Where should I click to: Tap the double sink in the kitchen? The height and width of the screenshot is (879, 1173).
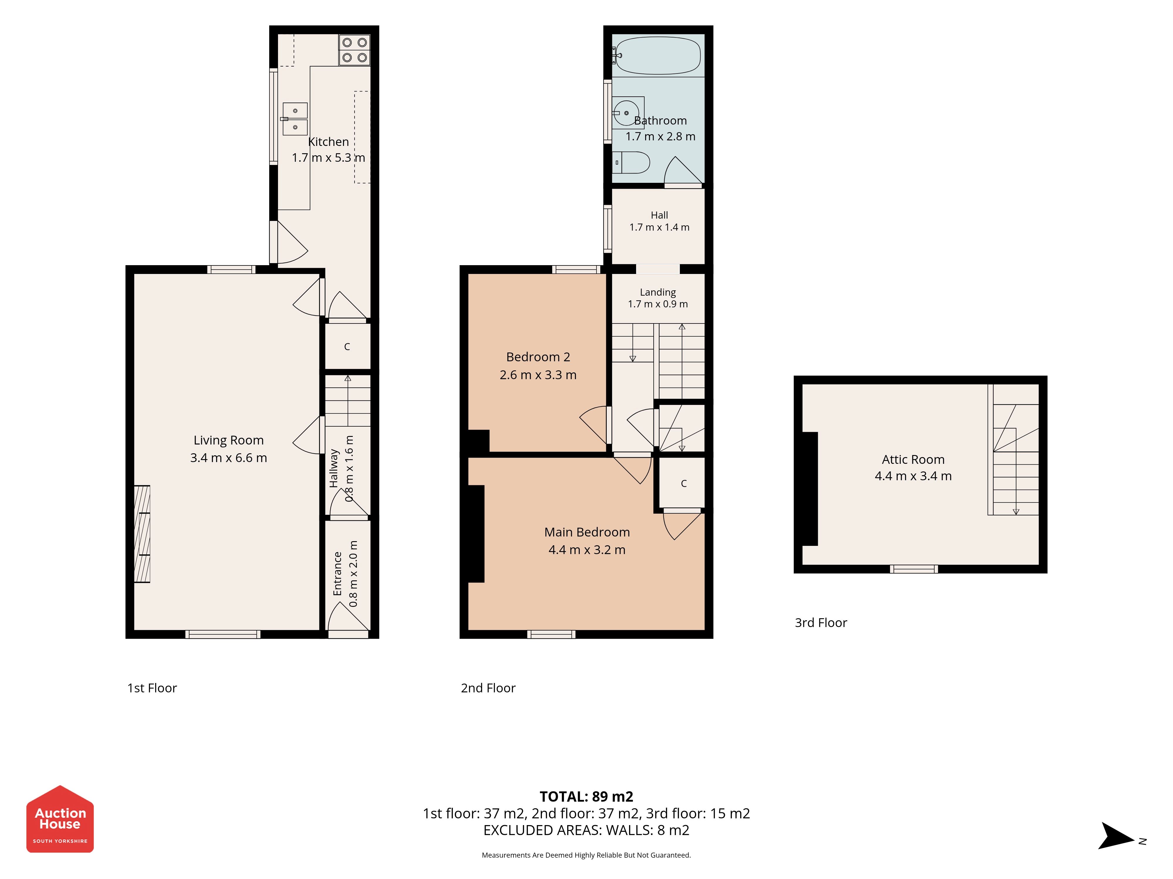(x=295, y=119)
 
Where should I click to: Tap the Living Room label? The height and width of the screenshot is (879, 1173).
(x=228, y=440)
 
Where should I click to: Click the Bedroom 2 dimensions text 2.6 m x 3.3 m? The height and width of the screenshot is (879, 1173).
(x=538, y=374)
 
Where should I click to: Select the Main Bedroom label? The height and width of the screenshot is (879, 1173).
(x=587, y=532)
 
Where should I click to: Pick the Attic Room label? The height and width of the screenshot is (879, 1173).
(x=913, y=459)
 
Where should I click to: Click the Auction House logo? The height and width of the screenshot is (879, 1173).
(x=60, y=819)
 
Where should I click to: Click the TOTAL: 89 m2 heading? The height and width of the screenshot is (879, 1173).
(x=586, y=796)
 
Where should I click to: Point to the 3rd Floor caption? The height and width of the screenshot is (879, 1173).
(x=821, y=623)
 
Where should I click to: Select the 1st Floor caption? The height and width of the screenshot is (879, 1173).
(x=152, y=688)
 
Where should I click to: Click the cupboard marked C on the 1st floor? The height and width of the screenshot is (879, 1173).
(x=347, y=347)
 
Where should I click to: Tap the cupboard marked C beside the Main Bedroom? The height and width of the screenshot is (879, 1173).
(x=684, y=483)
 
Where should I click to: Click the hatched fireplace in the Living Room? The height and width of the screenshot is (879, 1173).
(x=142, y=534)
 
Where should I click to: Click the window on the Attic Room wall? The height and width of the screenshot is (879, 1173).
(x=914, y=569)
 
